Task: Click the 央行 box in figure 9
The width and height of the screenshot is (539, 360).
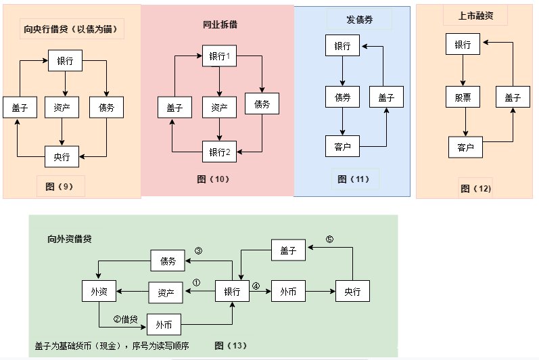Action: tap(62, 156)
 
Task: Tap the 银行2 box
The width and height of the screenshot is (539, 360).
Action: tap(220, 152)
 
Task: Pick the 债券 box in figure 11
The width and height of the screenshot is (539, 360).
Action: tap(342, 97)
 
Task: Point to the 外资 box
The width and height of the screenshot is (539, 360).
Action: tap(99, 292)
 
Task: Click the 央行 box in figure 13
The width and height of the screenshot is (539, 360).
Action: tap(353, 292)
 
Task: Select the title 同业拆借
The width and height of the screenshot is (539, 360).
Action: tap(219, 25)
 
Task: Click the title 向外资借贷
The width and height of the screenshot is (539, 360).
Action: tap(70, 239)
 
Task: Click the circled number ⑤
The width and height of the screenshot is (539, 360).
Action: tap(330, 240)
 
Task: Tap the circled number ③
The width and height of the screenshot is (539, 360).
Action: tap(198, 250)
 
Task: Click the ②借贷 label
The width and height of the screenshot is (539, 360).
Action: tap(126, 319)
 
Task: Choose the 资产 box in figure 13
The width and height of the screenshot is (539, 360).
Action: tap(166, 292)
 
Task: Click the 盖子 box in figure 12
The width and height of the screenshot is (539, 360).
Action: tap(513, 97)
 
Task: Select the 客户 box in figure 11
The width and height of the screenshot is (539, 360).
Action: tap(342, 145)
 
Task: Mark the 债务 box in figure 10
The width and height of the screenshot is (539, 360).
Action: tap(262, 104)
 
